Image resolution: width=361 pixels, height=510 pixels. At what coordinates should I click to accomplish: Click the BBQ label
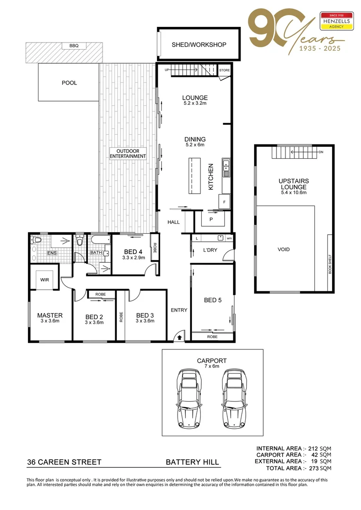click(74, 46)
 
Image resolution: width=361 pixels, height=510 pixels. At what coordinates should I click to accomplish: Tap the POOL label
click(69, 83)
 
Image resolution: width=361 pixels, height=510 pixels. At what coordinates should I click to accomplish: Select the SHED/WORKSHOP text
click(198, 45)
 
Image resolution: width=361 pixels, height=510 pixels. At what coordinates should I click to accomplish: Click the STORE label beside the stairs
click(224, 70)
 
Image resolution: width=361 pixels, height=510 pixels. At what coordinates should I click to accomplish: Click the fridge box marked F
click(224, 202)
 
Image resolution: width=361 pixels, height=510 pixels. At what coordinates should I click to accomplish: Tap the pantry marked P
click(211, 220)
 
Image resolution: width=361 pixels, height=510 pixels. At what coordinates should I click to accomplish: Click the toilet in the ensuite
click(36, 241)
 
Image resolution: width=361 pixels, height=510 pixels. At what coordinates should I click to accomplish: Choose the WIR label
click(45, 280)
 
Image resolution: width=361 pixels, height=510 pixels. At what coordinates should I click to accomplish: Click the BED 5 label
click(213, 300)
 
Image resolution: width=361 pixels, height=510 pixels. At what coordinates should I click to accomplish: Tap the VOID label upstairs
click(284, 249)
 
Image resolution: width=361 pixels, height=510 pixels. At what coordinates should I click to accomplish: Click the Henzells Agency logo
click(337, 21)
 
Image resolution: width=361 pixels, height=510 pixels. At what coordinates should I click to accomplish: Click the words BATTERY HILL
click(192, 462)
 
